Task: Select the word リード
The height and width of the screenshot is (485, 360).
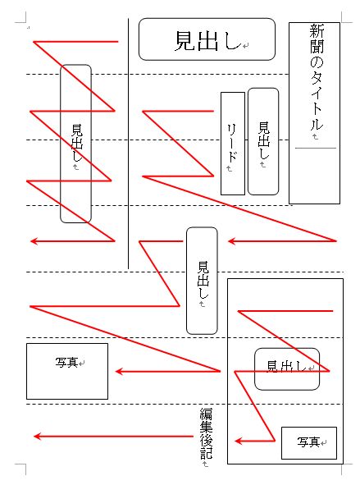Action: [x=232, y=143]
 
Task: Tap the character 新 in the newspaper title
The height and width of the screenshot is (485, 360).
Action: [x=317, y=31]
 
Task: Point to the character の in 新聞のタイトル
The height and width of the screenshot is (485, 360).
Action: [x=317, y=62]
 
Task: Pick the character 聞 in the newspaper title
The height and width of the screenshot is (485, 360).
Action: [x=317, y=47]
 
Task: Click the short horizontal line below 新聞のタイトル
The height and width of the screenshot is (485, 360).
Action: [x=315, y=149]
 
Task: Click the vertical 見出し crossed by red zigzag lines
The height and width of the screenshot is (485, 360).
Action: [x=77, y=143]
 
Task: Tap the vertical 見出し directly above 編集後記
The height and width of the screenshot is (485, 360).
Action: [x=203, y=280]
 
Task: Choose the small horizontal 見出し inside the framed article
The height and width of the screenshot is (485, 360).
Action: [x=286, y=366]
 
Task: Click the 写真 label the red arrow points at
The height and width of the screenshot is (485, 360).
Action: [x=66, y=362]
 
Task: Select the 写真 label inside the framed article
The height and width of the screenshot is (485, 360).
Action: [x=308, y=442]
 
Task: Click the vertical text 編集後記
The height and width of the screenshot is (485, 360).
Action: [x=206, y=433]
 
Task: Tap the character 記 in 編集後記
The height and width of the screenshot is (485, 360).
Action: [x=206, y=453]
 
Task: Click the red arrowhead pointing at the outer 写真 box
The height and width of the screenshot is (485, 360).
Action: [x=119, y=371]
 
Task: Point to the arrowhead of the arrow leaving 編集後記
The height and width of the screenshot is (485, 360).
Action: [x=38, y=437]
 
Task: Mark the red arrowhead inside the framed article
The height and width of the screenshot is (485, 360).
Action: [x=239, y=441]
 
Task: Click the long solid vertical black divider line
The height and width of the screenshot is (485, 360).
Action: [x=128, y=144]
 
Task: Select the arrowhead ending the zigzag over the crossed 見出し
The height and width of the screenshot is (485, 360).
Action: [x=34, y=241]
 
